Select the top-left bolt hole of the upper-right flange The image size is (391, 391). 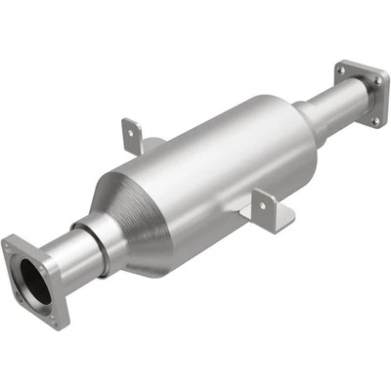341,67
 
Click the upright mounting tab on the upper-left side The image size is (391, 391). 131,133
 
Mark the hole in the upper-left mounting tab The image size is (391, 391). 129,128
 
